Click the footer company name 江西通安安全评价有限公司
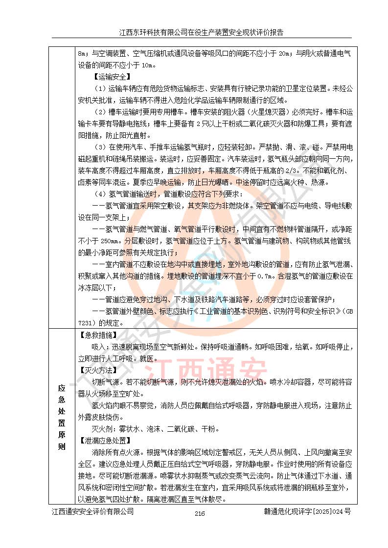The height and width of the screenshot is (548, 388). click(93, 511)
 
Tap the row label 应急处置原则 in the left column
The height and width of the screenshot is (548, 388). click(62, 417)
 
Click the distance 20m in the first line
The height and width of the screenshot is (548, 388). click(278, 53)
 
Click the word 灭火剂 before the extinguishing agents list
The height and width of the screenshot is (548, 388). click(101, 429)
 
